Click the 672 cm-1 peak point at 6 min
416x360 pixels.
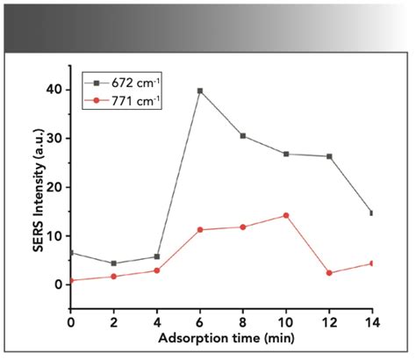pos(200,90)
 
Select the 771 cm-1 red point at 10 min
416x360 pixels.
pos(286,215)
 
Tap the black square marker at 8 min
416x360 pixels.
pos(243,136)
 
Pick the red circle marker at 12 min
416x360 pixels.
pos(329,273)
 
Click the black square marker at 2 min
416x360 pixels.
pos(114,263)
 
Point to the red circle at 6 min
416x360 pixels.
pos(200,230)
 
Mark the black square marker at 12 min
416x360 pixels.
pos(329,156)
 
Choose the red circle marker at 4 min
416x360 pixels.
pos(157,270)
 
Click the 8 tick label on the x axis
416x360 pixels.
pos(243,322)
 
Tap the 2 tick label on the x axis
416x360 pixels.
pos(114,322)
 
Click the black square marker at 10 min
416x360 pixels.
pos(286,154)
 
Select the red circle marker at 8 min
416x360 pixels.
pos(243,227)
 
